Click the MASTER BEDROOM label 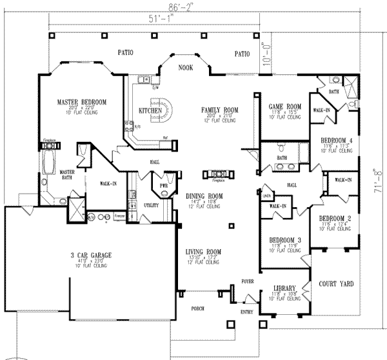click(x=81, y=102)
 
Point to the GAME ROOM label click(x=285, y=106)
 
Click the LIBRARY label click(x=285, y=287)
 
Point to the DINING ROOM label click(x=204, y=195)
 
